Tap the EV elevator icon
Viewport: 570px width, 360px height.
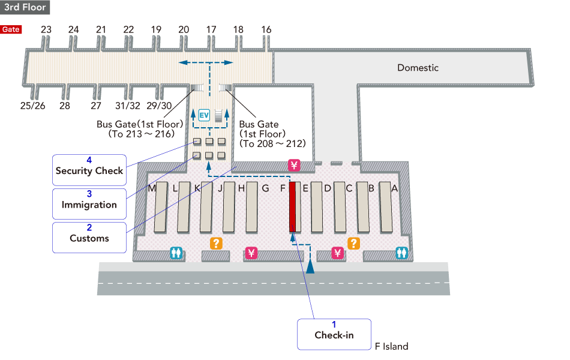tap(204, 115)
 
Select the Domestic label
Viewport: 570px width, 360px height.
tap(418, 68)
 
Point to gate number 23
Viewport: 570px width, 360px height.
tap(46, 29)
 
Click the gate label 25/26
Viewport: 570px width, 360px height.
tap(32, 106)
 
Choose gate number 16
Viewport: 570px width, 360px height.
tap(266, 29)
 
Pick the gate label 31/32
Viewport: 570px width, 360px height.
tap(128, 106)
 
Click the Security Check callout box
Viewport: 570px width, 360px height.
tap(89, 167)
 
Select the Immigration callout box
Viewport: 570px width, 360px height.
tap(89, 201)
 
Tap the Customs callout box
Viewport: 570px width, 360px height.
tap(89, 235)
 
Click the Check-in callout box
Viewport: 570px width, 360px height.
tap(334, 332)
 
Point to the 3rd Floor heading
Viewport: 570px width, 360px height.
tap(25, 7)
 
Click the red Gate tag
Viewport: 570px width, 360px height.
tap(11, 29)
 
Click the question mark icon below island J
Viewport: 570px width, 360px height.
tap(215, 243)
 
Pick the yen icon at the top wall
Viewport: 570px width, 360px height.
tap(293, 165)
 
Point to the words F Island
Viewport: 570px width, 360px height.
tap(391, 346)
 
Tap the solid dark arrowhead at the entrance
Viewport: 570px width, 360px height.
tap(310, 267)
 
